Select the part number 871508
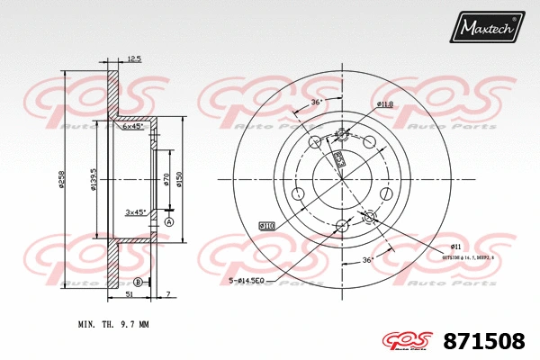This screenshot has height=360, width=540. click(485, 341)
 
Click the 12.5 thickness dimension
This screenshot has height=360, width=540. click(134, 58)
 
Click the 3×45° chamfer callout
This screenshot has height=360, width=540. click(136, 212)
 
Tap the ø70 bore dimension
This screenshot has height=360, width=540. click(167, 177)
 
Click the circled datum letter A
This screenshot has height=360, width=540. click(169, 220)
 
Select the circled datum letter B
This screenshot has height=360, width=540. click(138, 282)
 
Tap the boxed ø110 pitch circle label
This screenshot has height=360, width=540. click(267, 224)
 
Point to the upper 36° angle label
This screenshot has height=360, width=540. click(316, 102)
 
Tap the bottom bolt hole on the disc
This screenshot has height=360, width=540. click(341, 226)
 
